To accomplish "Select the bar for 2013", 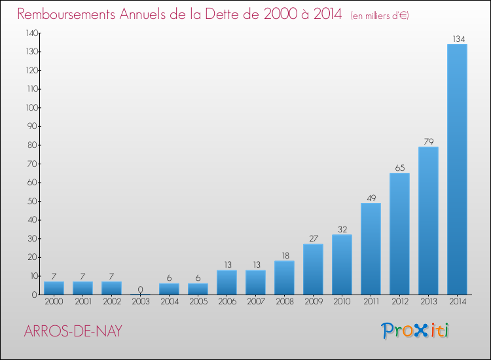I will (428, 221).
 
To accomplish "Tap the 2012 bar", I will (399, 234).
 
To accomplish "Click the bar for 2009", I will (313, 269).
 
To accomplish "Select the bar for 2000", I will (54, 288).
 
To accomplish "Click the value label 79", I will (428, 141).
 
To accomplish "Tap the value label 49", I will (371, 198).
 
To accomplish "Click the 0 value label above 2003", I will (140, 289).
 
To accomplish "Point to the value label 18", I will (284, 255).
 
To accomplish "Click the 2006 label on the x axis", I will (227, 302).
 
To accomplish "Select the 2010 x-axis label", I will (342, 302).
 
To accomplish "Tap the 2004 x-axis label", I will (169, 302).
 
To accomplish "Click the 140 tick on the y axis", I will (31, 33).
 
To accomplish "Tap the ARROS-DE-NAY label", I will (72, 331).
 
